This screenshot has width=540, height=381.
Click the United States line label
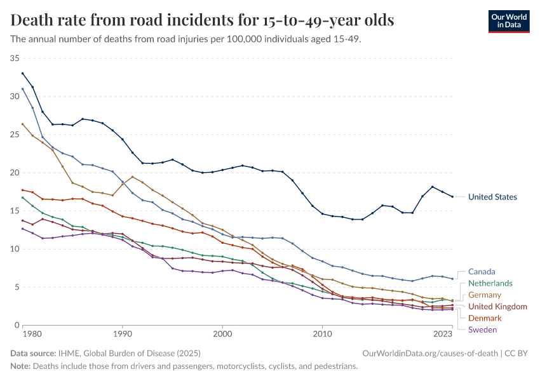tap(492, 197)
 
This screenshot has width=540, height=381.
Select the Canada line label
tap(482, 272)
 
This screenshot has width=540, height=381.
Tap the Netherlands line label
tap(490, 283)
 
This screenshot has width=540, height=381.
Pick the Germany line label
tap(485, 295)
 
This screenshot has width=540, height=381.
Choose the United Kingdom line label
tap(497, 306)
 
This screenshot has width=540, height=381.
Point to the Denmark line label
tap(485, 317)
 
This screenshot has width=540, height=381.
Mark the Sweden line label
tap(482, 329)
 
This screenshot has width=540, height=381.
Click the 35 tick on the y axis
tap(14, 58)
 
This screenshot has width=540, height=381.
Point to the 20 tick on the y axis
tap(14, 173)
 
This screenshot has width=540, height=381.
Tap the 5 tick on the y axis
tap(17, 287)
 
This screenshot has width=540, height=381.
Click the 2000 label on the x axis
tap(222, 333)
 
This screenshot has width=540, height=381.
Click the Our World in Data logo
tap(509, 21)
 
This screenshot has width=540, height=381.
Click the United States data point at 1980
tap(22, 73)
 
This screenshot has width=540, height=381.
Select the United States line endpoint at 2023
tap(452, 197)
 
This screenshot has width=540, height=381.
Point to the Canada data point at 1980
tap(22, 89)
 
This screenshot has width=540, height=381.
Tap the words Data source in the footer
tap(32, 353)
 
